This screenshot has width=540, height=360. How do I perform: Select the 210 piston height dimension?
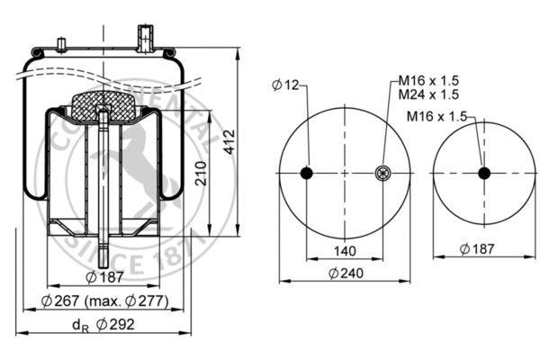click(x=202, y=168)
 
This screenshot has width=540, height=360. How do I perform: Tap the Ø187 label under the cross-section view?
click(x=104, y=276)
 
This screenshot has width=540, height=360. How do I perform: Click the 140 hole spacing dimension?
click(x=345, y=250)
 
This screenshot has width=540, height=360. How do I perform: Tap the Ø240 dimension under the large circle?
click(x=345, y=273)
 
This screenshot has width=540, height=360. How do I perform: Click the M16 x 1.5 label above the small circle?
click(x=438, y=115)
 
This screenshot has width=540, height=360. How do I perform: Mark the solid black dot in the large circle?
click(x=306, y=174)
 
